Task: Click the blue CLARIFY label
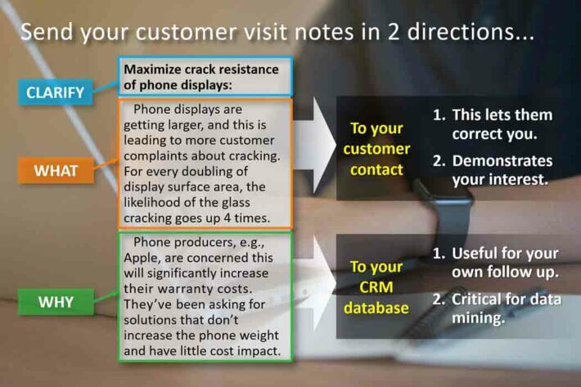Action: [x=55, y=92]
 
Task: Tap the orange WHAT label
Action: [x=56, y=171]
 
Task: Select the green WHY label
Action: [x=56, y=302]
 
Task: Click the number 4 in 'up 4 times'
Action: [x=227, y=218]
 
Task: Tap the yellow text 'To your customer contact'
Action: [x=376, y=149]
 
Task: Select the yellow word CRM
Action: [x=376, y=287]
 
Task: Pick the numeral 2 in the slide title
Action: [x=394, y=32]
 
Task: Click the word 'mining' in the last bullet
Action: [x=476, y=318]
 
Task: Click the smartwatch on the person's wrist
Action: [x=449, y=215]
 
